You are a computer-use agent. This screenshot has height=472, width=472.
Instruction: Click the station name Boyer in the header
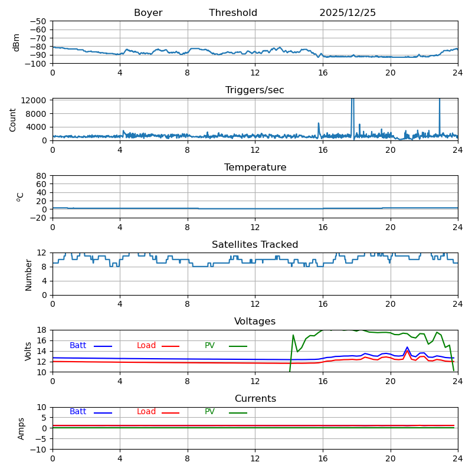click(x=148, y=13)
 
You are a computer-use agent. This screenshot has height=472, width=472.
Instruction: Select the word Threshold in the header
click(x=233, y=13)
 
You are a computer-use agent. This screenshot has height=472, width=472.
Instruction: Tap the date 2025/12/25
click(x=348, y=13)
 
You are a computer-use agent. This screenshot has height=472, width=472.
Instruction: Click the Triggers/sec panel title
click(x=255, y=90)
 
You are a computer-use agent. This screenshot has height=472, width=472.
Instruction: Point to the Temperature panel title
click(x=255, y=168)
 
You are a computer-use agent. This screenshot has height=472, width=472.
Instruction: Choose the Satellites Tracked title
click(x=255, y=245)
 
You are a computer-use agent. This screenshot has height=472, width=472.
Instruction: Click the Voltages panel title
click(x=255, y=322)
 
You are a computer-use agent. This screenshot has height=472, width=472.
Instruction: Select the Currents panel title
click(x=255, y=399)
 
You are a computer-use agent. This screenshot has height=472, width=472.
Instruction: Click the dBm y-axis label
click(x=17, y=42)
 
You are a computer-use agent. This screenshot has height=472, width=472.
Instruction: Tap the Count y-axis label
click(x=13, y=119)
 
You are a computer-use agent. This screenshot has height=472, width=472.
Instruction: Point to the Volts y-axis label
click(x=28, y=351)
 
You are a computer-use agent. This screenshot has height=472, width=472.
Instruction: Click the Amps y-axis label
click(x=21, y=428)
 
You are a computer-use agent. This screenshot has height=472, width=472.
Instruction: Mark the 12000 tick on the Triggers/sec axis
click(x=34, y=100)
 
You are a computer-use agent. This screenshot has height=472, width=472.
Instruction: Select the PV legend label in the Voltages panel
click(x=209, y=346)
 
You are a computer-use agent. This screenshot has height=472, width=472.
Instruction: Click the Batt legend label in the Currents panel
click(x=78, y=412)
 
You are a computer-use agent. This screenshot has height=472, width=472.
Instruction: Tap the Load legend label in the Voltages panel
click(x=146, y=346)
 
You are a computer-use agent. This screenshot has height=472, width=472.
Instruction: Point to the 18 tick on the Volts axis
click(x=43, y=330)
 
